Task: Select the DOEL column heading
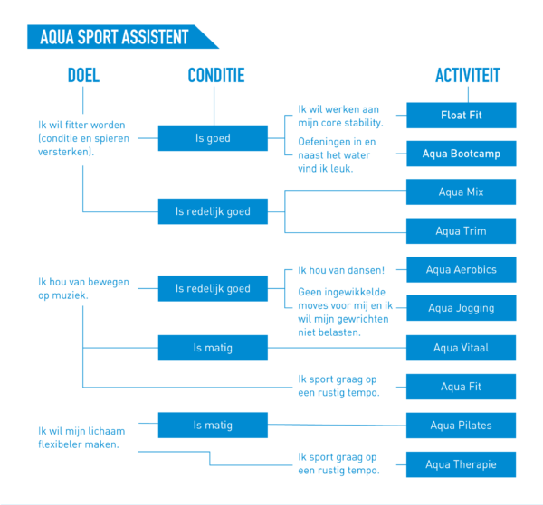pyautogui.click(x=83, y=75)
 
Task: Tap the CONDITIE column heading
pyautogui.click(x=216, y=75)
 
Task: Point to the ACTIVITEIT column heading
pyautogui.click(x=468, y=75)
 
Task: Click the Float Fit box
pyautogui.click(x=462, y=115)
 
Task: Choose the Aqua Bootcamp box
pyautogui.click(x=462, y=154)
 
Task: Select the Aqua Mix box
pyautogui.click(x=461, y=192)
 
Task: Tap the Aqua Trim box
pyautogui.click(x=461, y=231)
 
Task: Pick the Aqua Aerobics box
pyautogui.click(x=462, y=269)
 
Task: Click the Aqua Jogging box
pyautogui.click(x=462, y=308)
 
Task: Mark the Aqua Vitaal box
pyautogui.click(x=461, y=348)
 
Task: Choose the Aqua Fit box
pyautogui.click(x=461, y=387)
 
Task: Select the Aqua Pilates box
pyautogui.click(x=461, y=426)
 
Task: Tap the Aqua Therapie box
pyautogui.click(x=461, y=464)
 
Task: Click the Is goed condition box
pyautogui.click(x=213, y=138)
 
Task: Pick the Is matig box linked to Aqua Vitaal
pyautogui.click(x=213, y=348)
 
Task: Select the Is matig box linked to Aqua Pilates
pyautogui.click(x=213, y=426)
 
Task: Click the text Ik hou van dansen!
pyautogui.click(x=341, y=270)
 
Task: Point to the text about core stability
pyautogui.click(x=341, y=116)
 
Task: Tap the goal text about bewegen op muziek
pyautogui.click(x=83, y=288)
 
